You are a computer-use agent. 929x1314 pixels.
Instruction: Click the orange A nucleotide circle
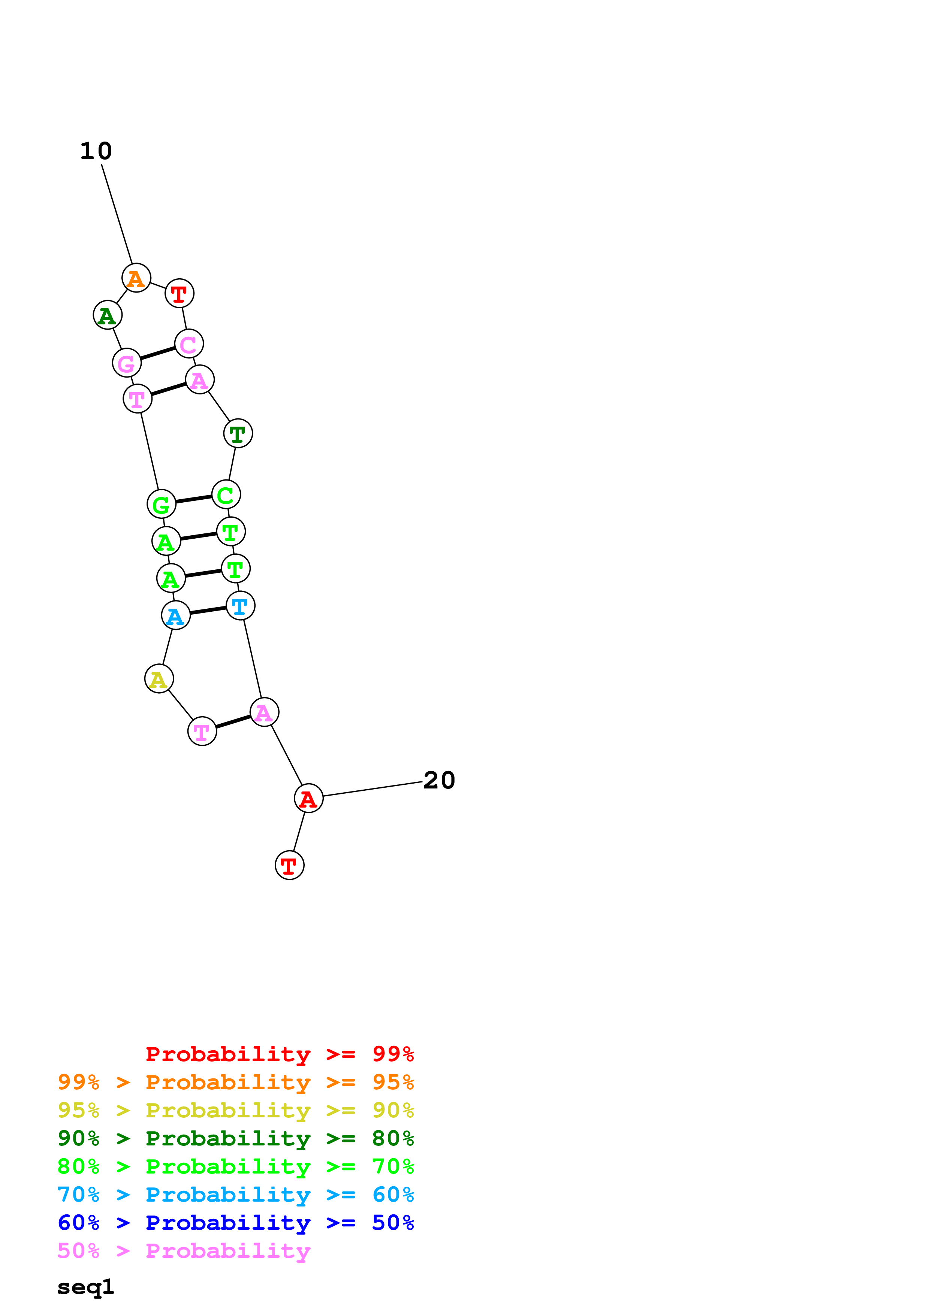(136, 278)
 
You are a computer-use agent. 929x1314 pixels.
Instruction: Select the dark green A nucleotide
(108, 315)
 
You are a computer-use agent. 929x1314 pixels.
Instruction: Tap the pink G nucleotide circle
(127, 363)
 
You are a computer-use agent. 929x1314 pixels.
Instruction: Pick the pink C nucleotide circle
(189, 344)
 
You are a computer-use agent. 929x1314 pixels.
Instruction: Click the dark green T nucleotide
(238, 433)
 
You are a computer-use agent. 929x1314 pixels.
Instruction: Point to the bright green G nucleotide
(162, 504)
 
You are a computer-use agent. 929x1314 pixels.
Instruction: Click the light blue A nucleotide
(176, 615)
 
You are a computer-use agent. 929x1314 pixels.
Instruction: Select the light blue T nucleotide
(241, 605)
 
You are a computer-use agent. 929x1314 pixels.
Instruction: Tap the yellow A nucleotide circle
(159, 679)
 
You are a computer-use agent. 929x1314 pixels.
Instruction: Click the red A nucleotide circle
(308, 798)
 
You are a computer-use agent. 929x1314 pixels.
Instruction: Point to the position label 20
(439, 780)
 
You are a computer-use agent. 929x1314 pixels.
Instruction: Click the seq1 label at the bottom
(86, 1287)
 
